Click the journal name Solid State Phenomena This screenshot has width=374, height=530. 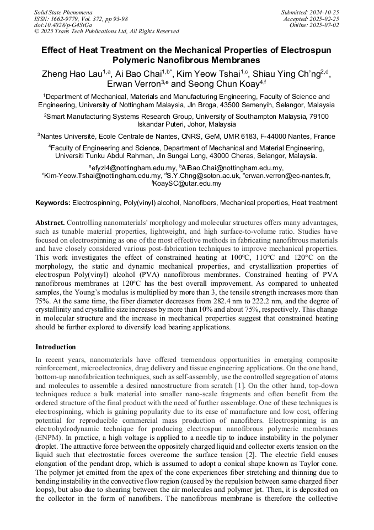pos(63,12)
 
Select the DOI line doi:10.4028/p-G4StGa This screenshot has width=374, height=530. pos(63,25)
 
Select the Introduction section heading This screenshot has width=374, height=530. pos(56,347)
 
